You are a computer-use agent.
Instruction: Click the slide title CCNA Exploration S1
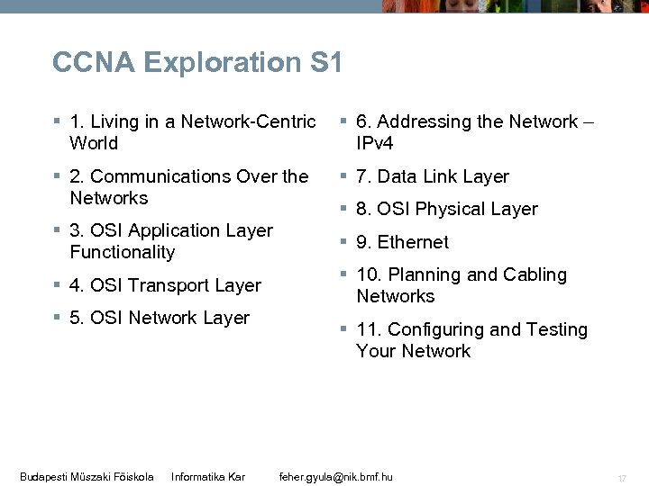coord(197,62)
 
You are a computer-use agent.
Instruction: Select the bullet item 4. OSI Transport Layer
coord(165,285)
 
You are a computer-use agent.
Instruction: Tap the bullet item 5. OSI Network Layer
coord(159,318)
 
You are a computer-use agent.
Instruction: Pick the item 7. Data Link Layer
coord(432,176)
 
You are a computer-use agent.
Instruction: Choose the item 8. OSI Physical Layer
coord(446,209)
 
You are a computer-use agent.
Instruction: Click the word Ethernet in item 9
coord(413,242)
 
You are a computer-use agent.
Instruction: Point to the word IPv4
coord(375,143)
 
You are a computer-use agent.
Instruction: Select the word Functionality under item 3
coord(122,252)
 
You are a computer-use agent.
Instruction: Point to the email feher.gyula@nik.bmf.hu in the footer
coord(337,475)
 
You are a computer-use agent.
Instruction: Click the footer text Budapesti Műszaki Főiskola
coord(87,475)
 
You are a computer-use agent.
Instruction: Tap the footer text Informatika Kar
coord(208,475)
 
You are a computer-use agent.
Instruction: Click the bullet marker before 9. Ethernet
coord(343,241)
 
